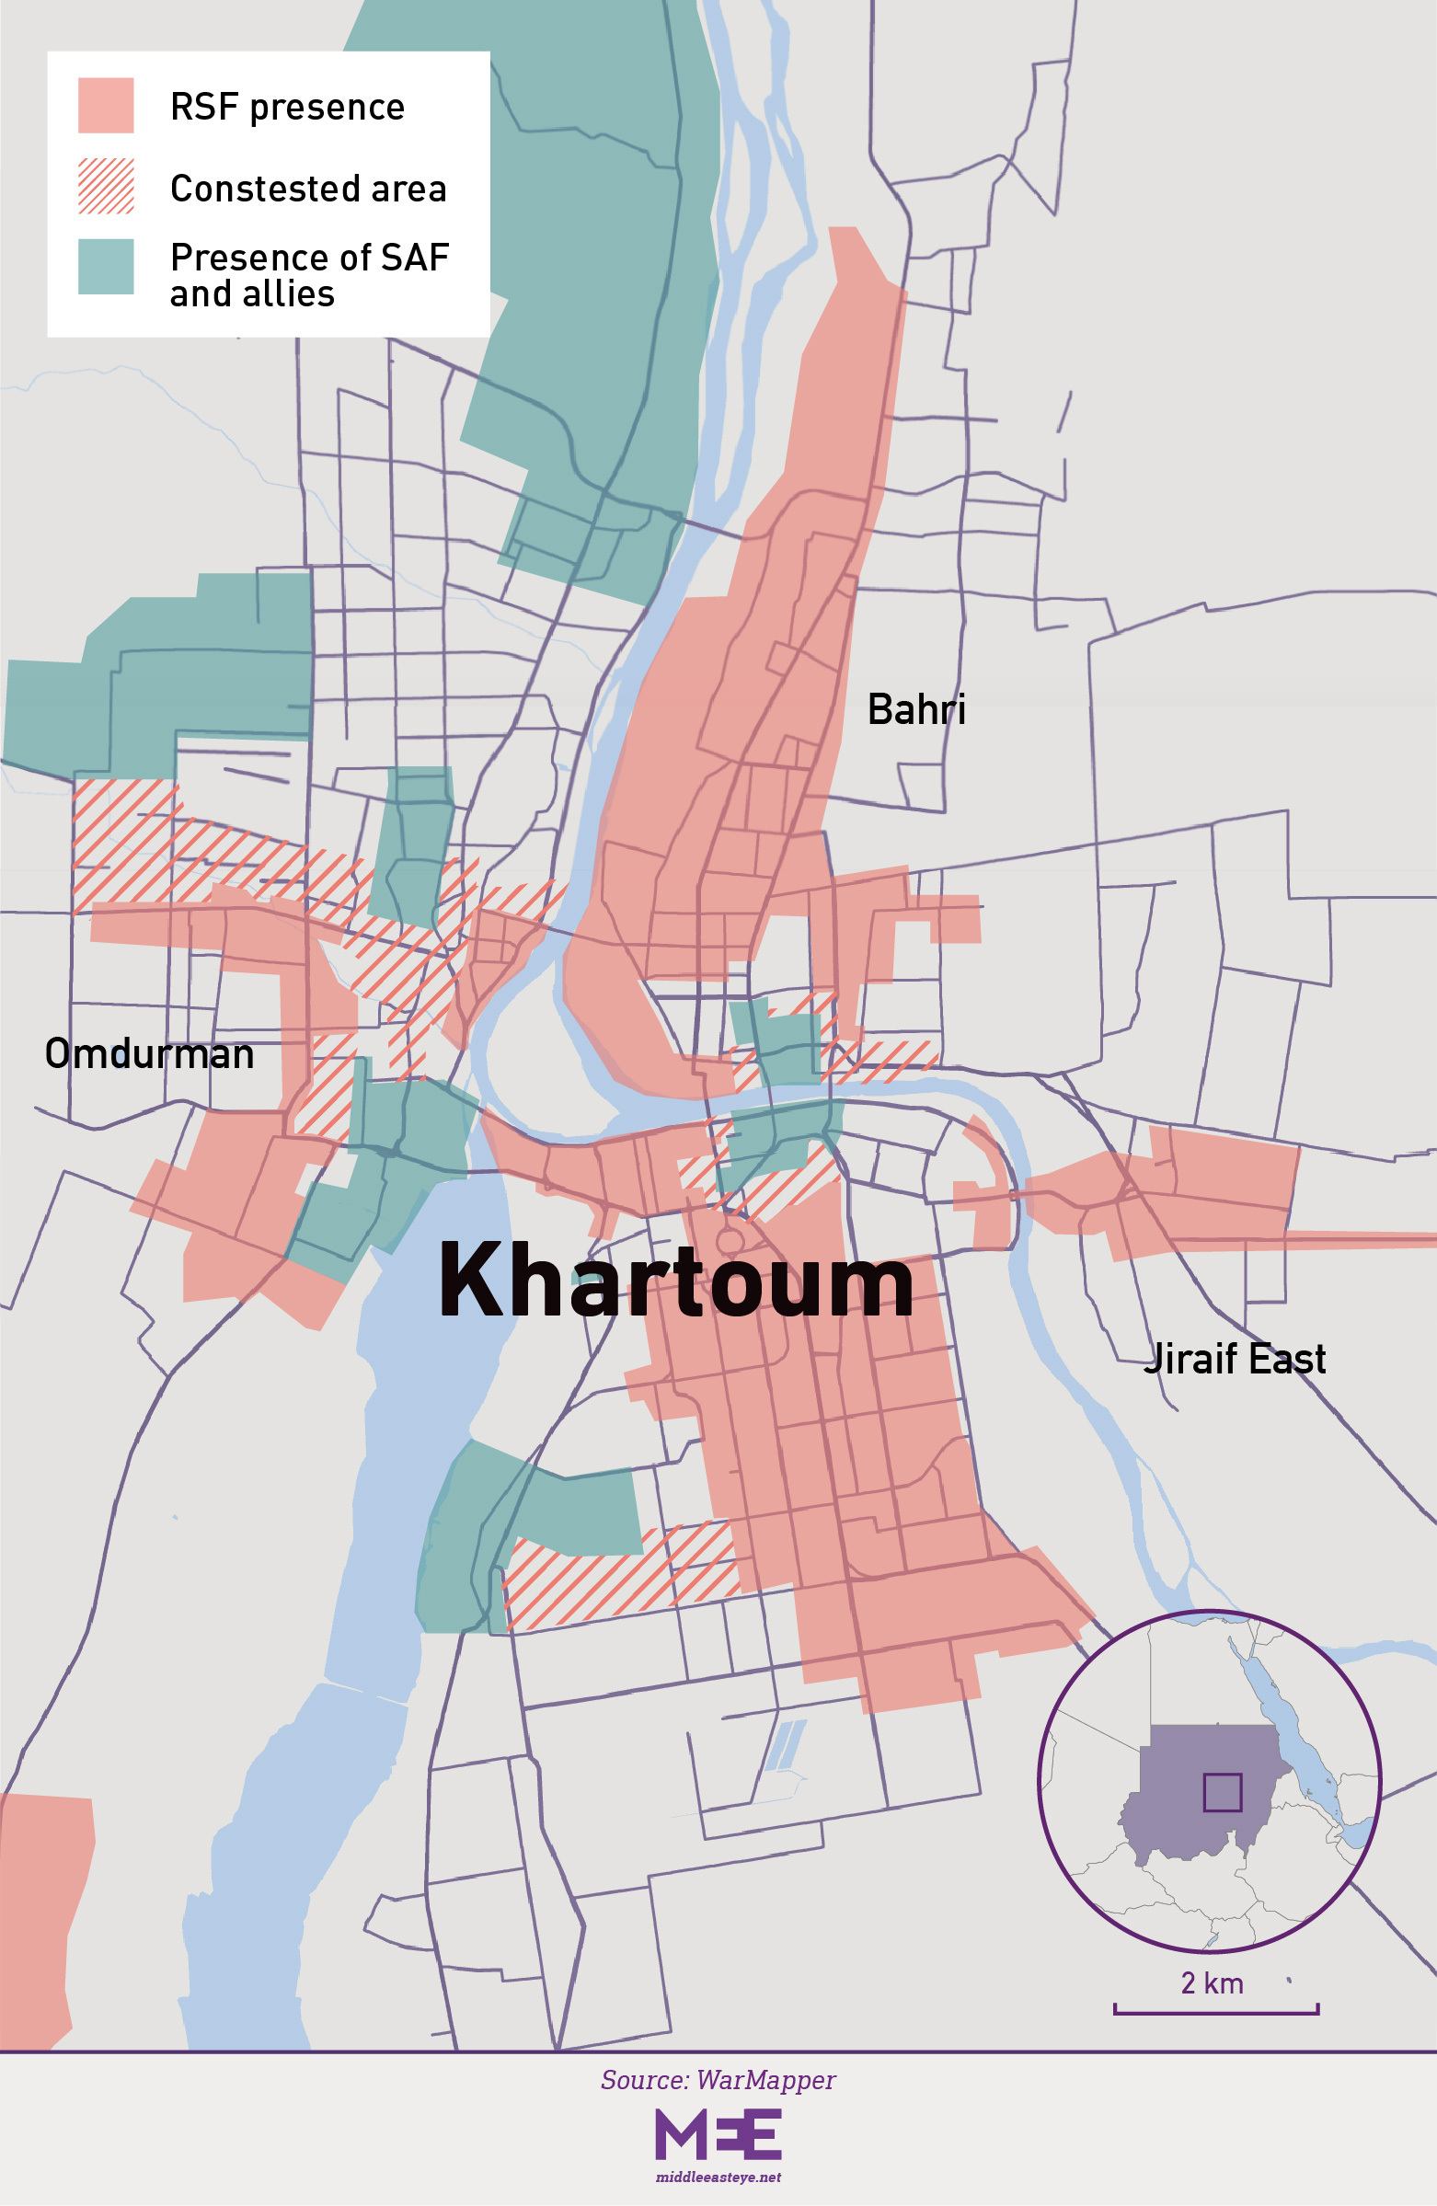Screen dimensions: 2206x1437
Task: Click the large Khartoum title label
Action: click(x=676, y=1281)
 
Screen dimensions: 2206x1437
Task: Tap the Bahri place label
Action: click(x=916, y=710)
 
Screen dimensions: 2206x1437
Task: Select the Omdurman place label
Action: click(x=149, y=1054)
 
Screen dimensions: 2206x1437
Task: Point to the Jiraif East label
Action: click(x=1234, y=1359)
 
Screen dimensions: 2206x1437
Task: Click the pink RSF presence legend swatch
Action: click(x=106, y=106)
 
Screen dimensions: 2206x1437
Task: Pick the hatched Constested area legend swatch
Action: click(x=106, y=187)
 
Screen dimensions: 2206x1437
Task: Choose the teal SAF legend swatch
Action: click(x=106, y=267)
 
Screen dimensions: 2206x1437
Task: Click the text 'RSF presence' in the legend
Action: click(x=287, y=108)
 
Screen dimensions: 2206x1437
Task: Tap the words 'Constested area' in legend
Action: click(x=308, y=189)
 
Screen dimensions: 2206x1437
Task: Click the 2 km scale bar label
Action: click(x=1212, y=1982)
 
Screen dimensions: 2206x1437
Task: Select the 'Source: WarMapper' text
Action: click(x=718, y=2080)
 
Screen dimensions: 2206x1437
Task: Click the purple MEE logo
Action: click(x=718, y=2133)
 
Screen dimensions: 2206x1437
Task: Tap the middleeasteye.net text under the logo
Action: click(x=718, y=2177)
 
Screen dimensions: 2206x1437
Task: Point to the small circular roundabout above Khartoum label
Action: click(x=730, y=1240)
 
